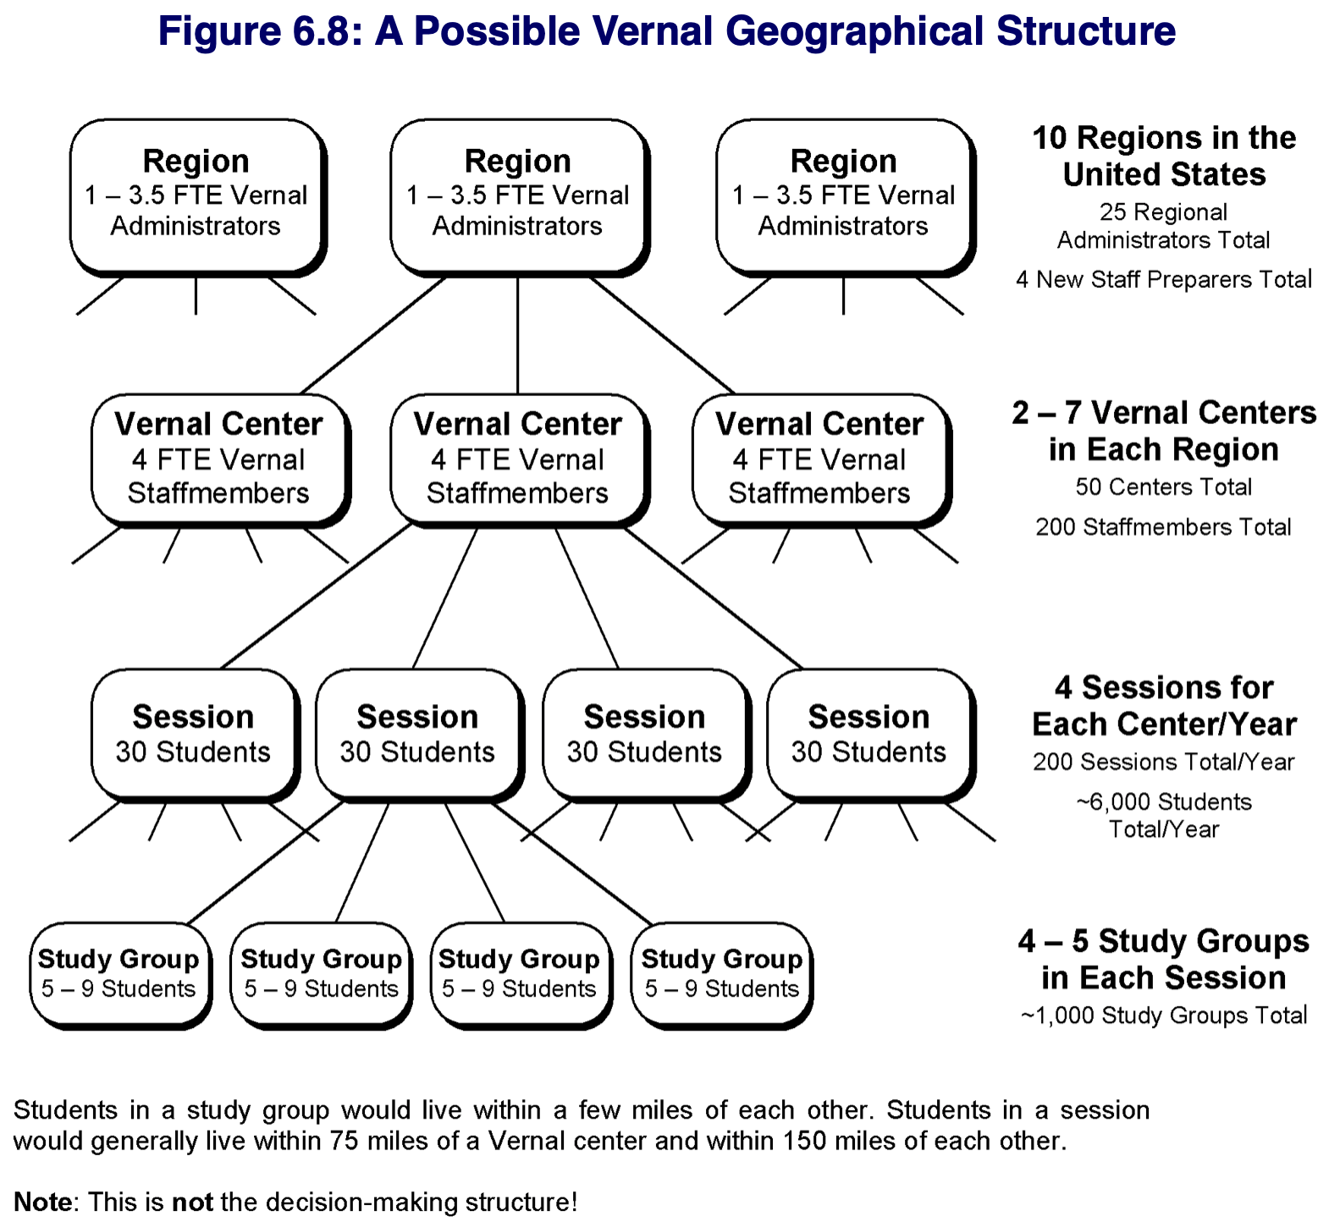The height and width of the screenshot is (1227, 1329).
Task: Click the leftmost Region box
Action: pyautogui.click(x=198, y=197)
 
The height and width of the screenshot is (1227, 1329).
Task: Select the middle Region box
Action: pyautogui.click(x=519, y=197)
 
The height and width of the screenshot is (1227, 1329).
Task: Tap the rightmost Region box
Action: pyautogui.click(x=845, y=197)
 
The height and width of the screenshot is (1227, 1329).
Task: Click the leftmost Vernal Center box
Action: pyautogui.click(x=220, y=460)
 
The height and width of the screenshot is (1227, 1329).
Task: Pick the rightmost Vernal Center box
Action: pyautogui.click(x=821, y=460)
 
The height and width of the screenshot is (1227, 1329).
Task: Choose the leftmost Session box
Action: pyautogui.click(x=195, y=735)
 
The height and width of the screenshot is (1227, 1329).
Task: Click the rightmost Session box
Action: pyautogui.click(x=870, y=735)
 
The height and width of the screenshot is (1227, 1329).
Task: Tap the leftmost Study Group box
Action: pyautogui.click(x=120, y=975)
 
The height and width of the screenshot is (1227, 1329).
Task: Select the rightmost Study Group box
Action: pyautogui.click(x=721, y=975)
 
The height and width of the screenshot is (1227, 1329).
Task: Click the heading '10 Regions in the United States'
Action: pyautogui.click(x=1164, y=156)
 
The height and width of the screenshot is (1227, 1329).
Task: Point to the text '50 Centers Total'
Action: pyautogui.click(x=1163, y=487)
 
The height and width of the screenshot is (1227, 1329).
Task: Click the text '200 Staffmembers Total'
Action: pyautogui.click(x=1163, y=527)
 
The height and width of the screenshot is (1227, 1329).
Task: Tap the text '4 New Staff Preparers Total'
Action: pyautogui.click(x=1164, y=279)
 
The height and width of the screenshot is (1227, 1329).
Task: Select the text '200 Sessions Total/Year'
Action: pyautogui.click(x=1163, y=762)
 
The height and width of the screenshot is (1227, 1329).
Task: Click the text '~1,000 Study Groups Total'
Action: pyautogui.click(x=1164, y=1015)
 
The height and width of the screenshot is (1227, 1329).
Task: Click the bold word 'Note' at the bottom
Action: pyautogui.click(x=43, y=1202)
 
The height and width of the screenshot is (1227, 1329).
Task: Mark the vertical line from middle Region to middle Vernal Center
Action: pyautogui.click(x=518, y=336)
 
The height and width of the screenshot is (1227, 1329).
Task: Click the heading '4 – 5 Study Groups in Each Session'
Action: pyautogui.click(x=1164, y=960)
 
